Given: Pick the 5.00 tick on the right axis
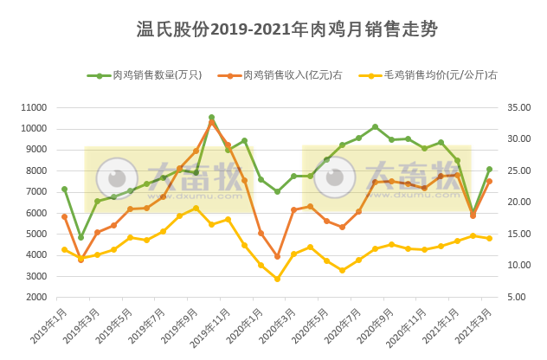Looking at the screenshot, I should [517, 297].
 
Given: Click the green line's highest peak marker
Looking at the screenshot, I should [211, 118].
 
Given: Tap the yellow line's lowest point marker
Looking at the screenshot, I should [277, 279].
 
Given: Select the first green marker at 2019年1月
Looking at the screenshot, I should [64, 189].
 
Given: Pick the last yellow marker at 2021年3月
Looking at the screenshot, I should [489, 238].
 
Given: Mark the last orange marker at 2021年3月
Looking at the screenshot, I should [489, 181].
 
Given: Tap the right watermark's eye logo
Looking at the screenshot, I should [334, 177].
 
